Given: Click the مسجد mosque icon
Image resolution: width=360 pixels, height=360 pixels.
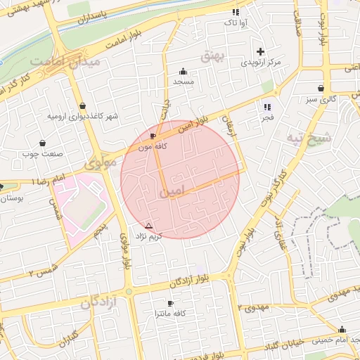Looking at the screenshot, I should (x=184, y=71).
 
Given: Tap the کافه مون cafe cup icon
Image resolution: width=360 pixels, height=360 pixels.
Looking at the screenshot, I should (x=153, y=136).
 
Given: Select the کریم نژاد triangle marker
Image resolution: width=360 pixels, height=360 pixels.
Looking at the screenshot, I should (x=148, y=226).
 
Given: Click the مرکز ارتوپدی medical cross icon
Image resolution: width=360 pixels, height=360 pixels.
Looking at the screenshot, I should (x=261, y=51).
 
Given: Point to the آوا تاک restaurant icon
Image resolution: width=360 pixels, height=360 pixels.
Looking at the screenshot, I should (x=236, y=12).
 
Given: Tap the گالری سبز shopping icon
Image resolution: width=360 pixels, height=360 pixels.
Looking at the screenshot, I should (x=321, y=89).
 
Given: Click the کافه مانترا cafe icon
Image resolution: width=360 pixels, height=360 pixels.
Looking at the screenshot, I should (x=169, y=303).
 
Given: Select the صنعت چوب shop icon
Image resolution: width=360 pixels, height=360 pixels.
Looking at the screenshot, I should (x=43, y=142).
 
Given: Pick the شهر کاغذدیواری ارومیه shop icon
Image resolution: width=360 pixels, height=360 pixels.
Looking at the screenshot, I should (x=83, y=105).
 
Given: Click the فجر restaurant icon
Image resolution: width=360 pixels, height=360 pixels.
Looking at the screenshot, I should (x=266, y=107).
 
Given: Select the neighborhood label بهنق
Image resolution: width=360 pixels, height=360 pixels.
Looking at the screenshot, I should (x=210, y=56).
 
